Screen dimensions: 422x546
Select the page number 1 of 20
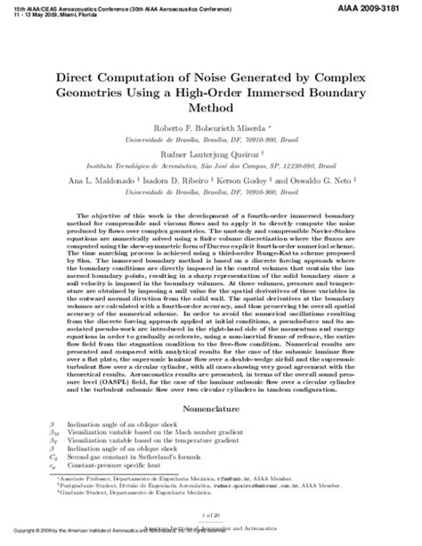point(211,514)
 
